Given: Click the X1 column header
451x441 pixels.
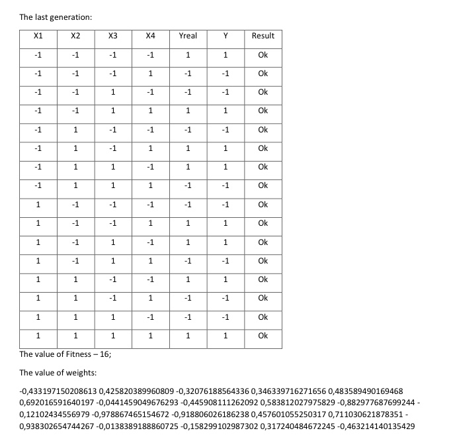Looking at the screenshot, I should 38,36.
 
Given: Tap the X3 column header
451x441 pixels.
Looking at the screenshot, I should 113,36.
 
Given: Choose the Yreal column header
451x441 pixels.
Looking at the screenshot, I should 188,36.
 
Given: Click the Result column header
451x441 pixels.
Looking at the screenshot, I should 263,36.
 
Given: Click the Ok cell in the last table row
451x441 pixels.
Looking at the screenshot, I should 263,336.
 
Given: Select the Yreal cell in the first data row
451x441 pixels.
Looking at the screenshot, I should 188,55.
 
